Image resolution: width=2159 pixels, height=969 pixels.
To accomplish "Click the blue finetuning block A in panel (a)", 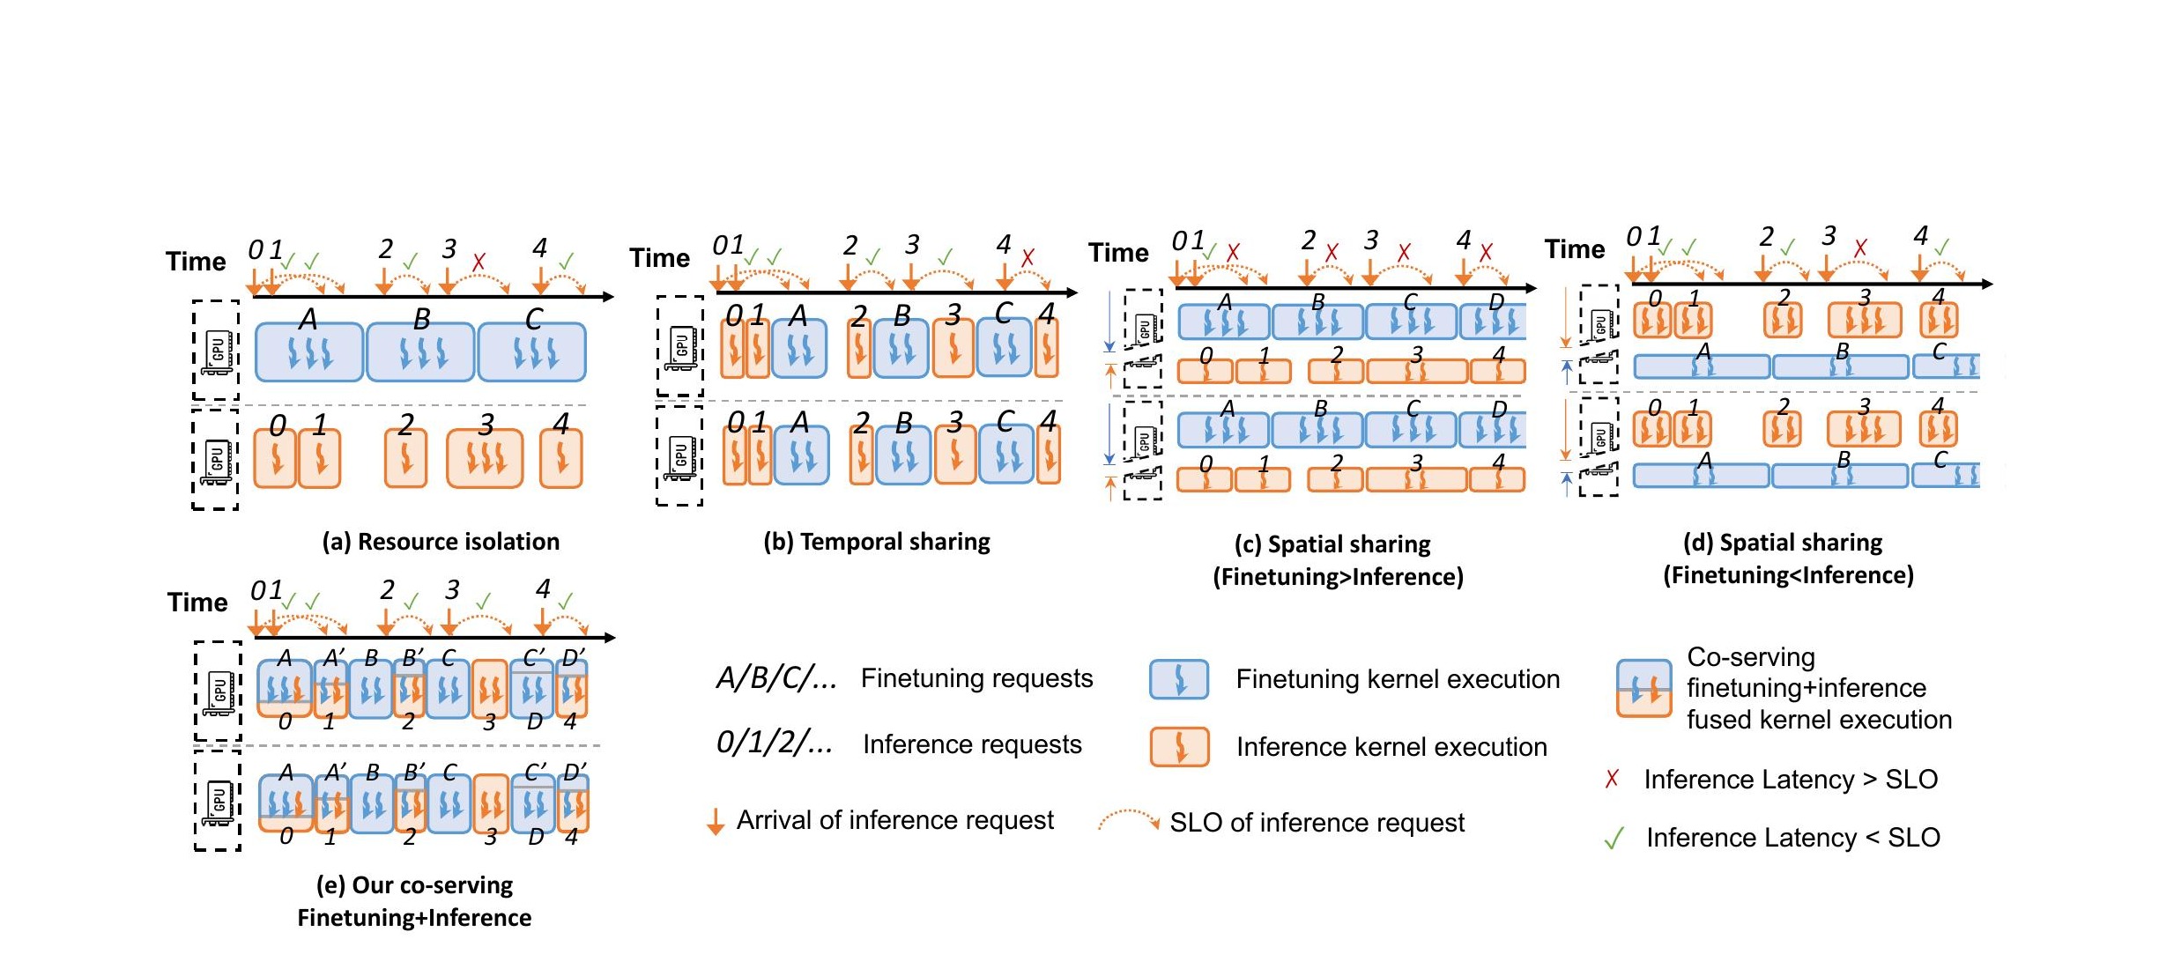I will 308,352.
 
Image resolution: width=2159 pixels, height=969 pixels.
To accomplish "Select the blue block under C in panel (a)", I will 531,352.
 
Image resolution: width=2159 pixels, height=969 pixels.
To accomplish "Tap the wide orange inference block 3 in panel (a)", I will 485,458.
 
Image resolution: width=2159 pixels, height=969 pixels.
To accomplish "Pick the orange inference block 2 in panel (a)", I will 405,458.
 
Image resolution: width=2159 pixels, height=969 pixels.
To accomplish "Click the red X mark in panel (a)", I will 479,262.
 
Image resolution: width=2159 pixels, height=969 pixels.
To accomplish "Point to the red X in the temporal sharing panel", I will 1028,258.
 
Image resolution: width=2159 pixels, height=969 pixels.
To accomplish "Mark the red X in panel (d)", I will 1859,248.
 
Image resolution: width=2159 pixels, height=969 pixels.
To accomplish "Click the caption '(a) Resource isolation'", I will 441,541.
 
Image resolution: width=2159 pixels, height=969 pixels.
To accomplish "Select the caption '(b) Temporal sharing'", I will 877,541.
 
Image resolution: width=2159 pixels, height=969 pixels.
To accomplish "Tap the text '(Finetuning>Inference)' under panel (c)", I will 1338,577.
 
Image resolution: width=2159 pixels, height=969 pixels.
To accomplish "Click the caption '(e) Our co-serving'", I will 414,884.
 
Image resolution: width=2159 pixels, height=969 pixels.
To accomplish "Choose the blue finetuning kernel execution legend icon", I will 1179,679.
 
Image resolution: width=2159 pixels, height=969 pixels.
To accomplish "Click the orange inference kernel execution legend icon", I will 1179,747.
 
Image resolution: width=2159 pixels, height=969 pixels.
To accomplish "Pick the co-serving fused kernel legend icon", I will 1643,688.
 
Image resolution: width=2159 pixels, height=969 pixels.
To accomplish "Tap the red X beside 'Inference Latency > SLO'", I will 1612,779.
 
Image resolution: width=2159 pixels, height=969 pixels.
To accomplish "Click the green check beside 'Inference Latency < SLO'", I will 1614,838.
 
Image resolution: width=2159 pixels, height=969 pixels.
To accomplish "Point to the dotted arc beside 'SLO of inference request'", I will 1128,820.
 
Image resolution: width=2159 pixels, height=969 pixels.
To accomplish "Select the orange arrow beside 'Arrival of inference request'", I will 716,820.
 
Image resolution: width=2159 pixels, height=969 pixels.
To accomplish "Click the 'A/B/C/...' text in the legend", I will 775,678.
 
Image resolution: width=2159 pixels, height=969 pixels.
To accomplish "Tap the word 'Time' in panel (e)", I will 197,603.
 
